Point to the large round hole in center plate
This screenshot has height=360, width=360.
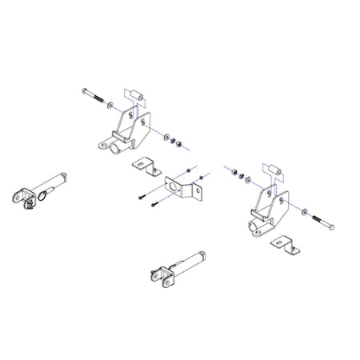[x=173, y=188]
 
